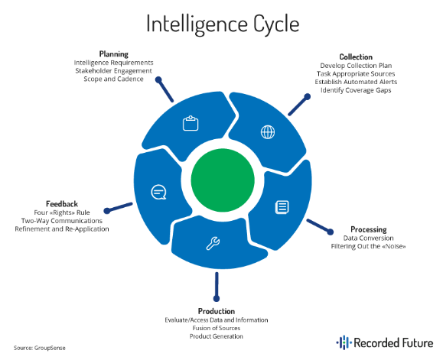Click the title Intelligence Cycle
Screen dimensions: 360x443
[221, 24]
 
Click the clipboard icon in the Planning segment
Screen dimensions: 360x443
[191, 124]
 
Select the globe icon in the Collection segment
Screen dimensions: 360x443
[268, 131]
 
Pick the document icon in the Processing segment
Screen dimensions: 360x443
[282, 207]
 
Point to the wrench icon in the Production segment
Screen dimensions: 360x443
[213, 245]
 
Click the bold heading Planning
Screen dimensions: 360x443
[113, 54]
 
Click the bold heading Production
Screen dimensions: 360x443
[216, 311]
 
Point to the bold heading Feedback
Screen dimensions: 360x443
[62, 204]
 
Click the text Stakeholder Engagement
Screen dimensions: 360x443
[113, 70]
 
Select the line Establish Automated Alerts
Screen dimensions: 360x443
[356, 82]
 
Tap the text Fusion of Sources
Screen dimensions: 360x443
[216, 328]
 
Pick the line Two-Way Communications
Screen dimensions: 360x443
[62, 221]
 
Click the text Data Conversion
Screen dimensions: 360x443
[369, 238]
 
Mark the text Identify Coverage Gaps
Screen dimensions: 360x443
[356, 90]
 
